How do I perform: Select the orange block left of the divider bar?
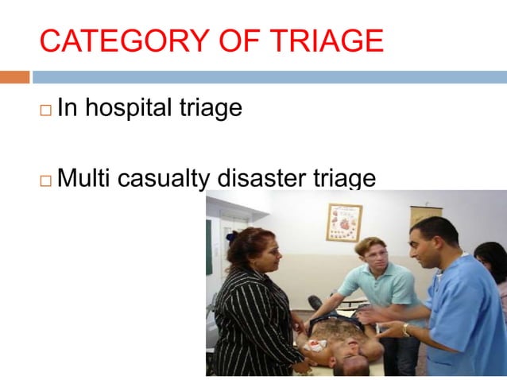point(14,77)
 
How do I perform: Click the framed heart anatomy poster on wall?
point(343,222)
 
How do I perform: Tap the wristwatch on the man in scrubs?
point(405,329)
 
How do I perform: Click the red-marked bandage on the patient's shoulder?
point(319,347)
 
